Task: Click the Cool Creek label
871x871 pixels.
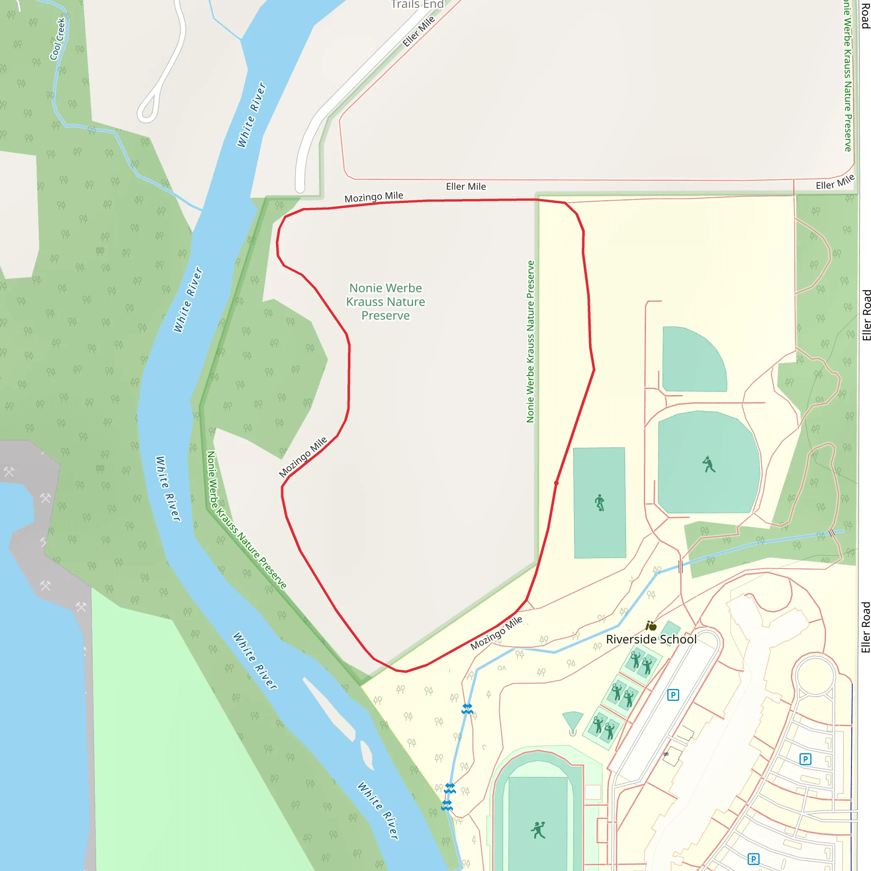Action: (58, 39)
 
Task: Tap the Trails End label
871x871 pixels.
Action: (417, 5)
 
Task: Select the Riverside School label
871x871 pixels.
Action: (651, 639)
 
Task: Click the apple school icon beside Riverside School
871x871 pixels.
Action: (651, 626)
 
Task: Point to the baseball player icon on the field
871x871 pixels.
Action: (709, 464)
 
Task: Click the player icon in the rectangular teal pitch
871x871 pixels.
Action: (600, 503)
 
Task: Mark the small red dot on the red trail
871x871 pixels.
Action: (556, 483)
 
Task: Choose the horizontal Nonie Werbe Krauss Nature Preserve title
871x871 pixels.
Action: (385, 302)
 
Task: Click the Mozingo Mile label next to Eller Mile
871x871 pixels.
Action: (374, 197)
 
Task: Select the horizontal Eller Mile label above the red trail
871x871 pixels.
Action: (466, 187)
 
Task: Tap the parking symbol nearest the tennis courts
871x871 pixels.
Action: (673, 695)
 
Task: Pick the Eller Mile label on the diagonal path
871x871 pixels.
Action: (419, 31)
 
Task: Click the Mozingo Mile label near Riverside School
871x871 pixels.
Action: (496, 633)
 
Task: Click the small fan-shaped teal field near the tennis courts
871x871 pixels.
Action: (573, 720)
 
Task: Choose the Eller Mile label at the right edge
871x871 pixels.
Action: (835, 182)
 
